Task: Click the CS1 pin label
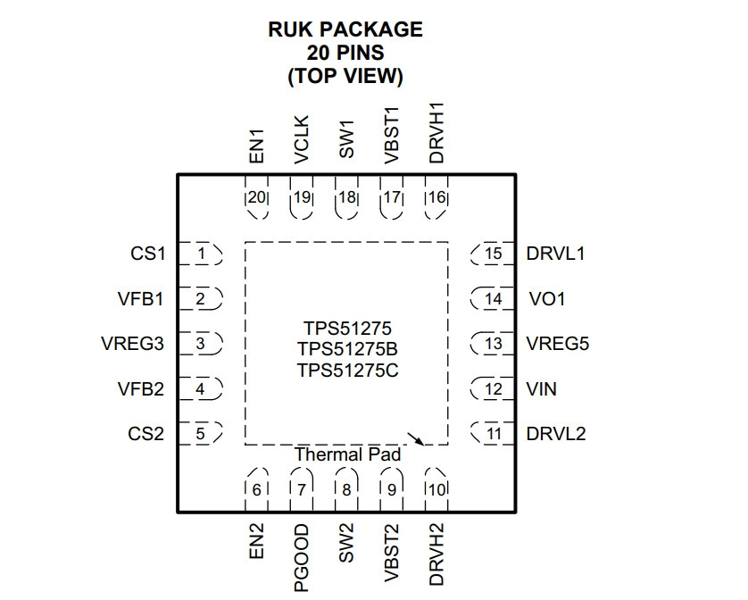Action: click(x=148, y=254)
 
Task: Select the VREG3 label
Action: click(x=133, y=344)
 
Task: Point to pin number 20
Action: click(x=257, y=197)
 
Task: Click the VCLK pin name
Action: click(x=302, y=139)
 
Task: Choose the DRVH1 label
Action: click(x=436, y=133)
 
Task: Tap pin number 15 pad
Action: click(x=493, y=254)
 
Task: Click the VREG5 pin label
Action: click(x=558, y=344)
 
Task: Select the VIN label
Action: click(x=542, y=389)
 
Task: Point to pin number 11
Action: click(x=493, y=434)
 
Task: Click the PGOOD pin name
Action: click(x=302, y=558)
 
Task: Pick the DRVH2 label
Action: click(x=436, y=554)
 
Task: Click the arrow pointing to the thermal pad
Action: click(x=415, y=438)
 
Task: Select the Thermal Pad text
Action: click(x=348, y=454)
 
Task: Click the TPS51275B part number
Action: click(x=348, y=349)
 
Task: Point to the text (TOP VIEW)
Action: click(x=345, y=76)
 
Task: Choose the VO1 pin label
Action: click(x=547, y=299)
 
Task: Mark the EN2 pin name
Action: click(x=257, y=541)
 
